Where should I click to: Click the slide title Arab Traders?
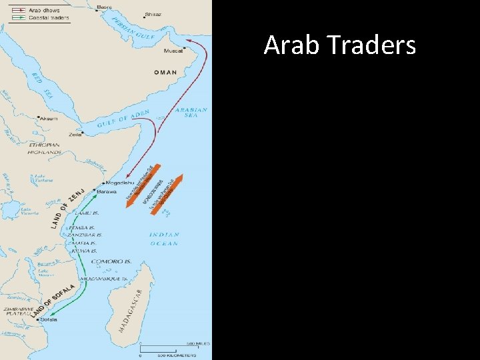pos(339,45)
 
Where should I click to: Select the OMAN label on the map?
pos(165,72)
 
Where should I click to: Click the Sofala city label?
pos(49,319)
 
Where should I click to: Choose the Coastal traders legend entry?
pos(43,17)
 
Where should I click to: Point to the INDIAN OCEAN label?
pos(163,239)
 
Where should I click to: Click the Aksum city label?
pos(49,118)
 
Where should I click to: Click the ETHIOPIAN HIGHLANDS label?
pos(44,148)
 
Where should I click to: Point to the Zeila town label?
pos(75,135)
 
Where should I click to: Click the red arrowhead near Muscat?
pos(189,41)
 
